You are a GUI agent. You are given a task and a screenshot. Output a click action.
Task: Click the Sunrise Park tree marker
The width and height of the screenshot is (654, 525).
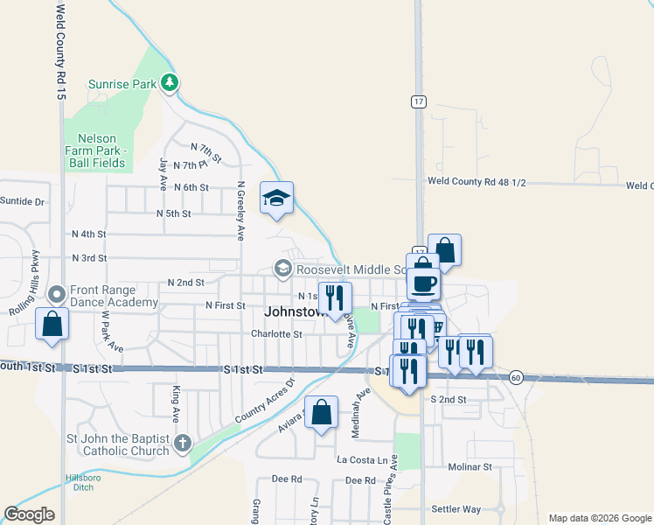coord(170,84)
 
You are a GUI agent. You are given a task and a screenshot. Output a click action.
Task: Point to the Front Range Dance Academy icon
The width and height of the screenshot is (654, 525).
coord(57,294)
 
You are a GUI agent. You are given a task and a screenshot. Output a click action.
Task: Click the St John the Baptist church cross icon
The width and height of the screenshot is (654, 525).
coord(182,443)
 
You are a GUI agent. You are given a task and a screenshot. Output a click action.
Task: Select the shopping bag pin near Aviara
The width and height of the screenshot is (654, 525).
coord(322,412)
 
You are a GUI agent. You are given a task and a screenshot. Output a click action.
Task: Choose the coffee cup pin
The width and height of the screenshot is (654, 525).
coord(424,284)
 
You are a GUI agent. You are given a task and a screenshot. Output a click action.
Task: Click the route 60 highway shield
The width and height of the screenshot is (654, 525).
coord(517,377)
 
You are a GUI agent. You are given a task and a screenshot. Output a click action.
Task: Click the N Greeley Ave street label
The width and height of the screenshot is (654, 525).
coord(240,211)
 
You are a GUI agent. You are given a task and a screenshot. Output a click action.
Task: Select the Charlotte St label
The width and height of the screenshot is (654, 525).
coord(276,333)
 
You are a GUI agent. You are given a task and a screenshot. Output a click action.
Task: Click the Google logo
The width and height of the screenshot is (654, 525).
coord(29,514)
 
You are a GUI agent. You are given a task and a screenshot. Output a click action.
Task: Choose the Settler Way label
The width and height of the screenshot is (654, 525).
coord(456,508)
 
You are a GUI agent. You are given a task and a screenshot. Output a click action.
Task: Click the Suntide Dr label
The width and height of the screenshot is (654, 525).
coord(22,201)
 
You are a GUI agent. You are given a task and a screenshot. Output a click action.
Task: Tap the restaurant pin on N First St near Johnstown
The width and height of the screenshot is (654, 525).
coord(334,297)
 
